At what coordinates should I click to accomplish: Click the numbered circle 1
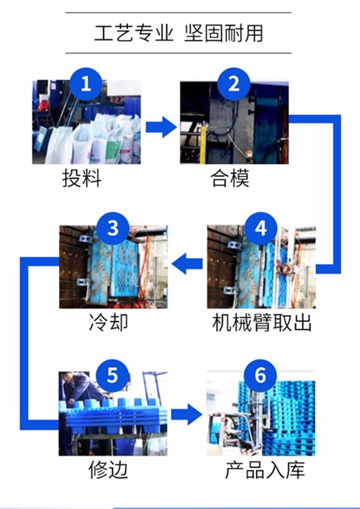pyautogui.click(x=85, y=85)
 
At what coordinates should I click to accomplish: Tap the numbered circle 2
pyautogui.click(x=234, y=85)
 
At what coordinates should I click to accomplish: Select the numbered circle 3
pyautogui.click(x=112, y=229)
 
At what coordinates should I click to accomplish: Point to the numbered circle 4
pyautogui.click(x=260, y=229)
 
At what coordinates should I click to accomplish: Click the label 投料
pyautogui.click(x=82, y=179)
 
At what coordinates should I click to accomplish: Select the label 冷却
pyautogui.click(x=109, y=322)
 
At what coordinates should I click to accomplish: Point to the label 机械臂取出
pyautogui.click(x=262, y=322)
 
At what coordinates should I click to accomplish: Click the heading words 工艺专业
pyautogui.click(x=133, y=33)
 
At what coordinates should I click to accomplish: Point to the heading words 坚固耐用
pyautogui.click(x=224, y=33)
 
